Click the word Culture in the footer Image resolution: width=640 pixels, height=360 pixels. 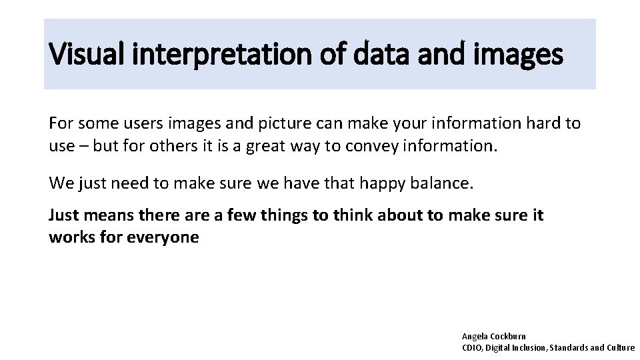(x=620, y=347)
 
